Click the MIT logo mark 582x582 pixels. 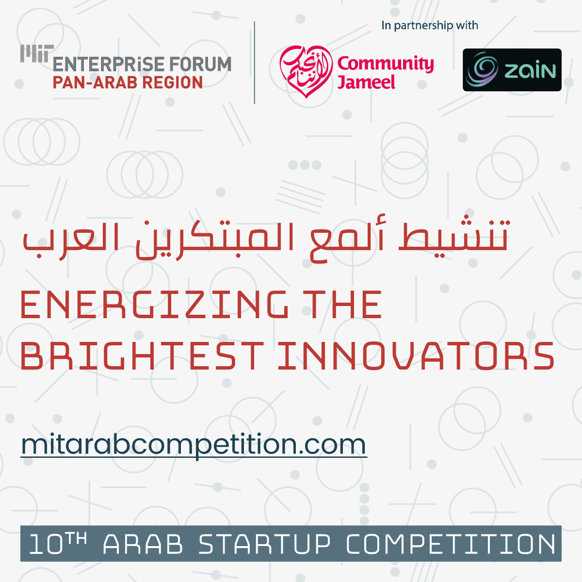point(37,53)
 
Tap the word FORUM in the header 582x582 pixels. point(200,65)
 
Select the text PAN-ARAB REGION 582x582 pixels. point(128,82)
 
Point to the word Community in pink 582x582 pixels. point(386,64)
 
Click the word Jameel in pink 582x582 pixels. point(366,82)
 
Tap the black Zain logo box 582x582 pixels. point(512,70)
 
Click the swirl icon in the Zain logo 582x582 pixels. point(482,69)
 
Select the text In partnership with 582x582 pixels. point(430,25)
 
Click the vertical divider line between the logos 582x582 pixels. point(255,63)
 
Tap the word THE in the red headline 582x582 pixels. point(345,305)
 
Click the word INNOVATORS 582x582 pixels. point(416,356)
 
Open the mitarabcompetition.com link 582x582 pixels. point(194,445)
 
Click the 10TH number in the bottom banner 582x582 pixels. point(57,544)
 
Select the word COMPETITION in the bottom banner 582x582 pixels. point(451,544)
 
